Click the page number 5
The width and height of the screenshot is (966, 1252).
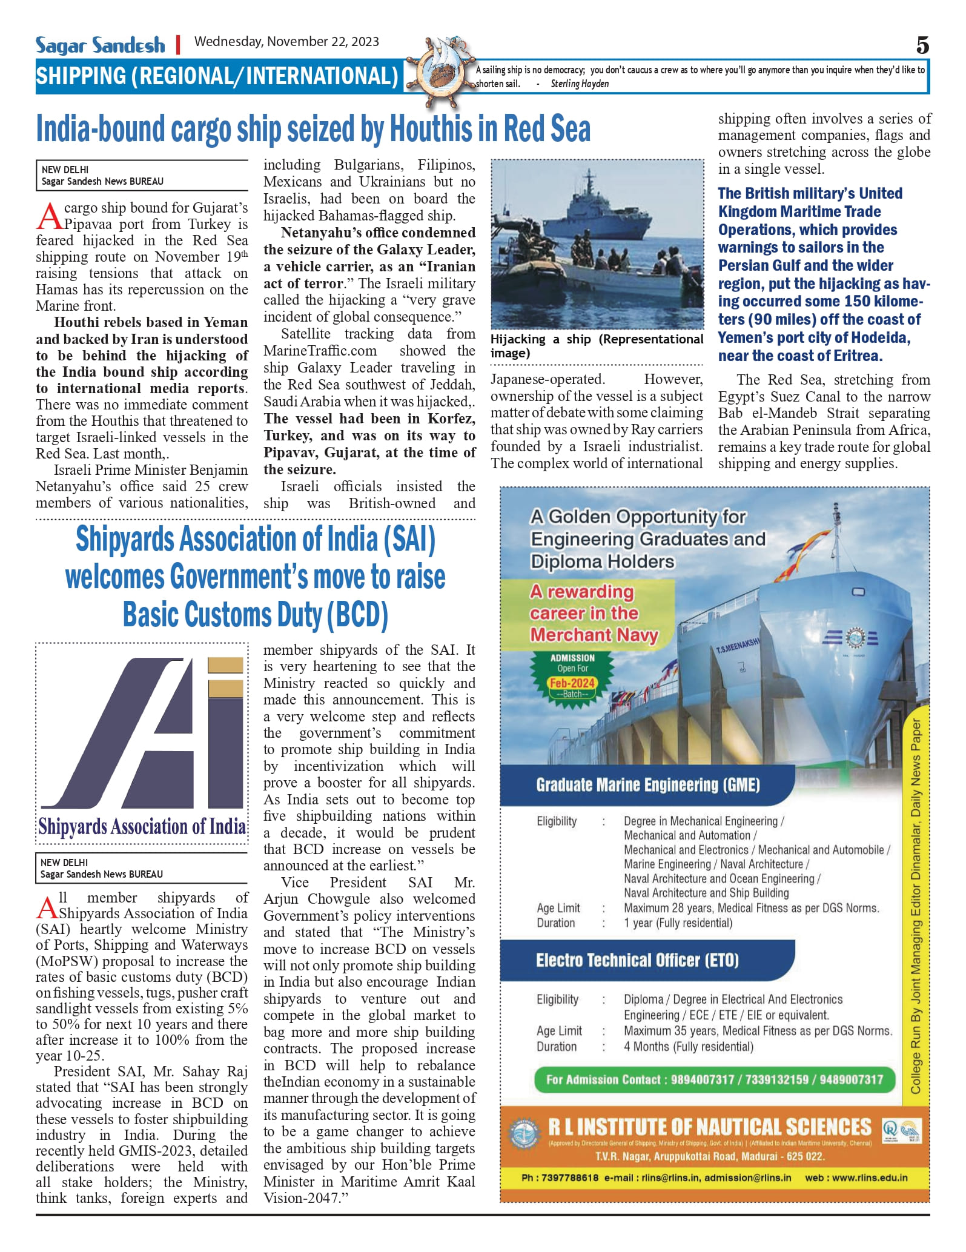(x=922, y=45)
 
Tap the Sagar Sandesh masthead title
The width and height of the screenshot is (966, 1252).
(x=100, y=45)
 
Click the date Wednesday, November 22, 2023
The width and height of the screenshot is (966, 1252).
(x=286, y=42)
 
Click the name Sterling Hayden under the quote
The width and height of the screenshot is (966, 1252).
(x=580, y=84)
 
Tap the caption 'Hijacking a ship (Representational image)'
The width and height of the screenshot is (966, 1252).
(x=597, y=346)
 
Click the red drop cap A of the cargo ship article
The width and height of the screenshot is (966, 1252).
(x=50, y=216)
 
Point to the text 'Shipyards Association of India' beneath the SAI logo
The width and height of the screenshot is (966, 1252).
(x=142, y=826)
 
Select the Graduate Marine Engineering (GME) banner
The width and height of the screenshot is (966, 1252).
(x=647, y=785)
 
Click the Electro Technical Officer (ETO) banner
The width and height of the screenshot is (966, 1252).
(x=637, y=960)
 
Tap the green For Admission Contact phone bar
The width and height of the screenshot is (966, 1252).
(x=714, y=1079)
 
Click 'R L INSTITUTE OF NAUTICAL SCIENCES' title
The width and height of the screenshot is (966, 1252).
(x=709, y=1127)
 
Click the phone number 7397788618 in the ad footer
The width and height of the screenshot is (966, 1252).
(x=569, y=1177)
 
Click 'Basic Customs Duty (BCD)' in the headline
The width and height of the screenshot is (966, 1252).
(x=255, y=614)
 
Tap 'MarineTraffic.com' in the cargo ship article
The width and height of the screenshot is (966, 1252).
(x=320, y=351)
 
